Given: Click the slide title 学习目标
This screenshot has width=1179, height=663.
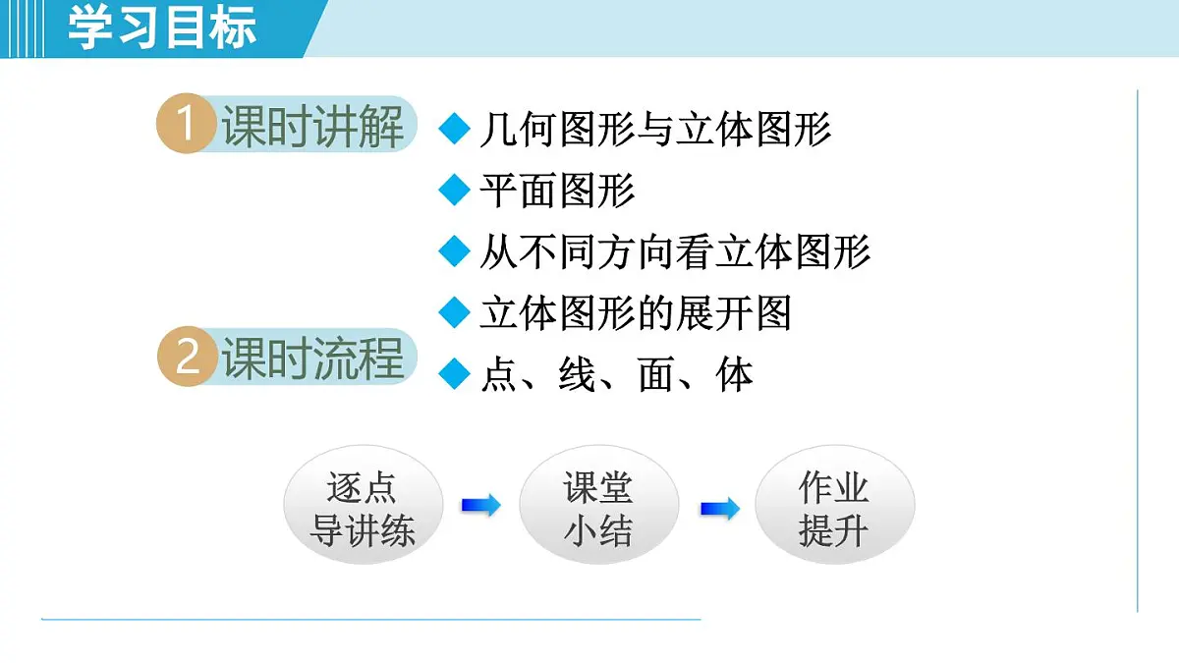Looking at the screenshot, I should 162,27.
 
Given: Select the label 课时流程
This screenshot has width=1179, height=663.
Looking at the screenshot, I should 312,358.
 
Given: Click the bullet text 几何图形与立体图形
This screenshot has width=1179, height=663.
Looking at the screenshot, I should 655,130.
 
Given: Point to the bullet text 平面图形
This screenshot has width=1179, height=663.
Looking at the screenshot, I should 557,191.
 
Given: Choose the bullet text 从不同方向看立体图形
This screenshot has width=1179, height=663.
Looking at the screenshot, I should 675,252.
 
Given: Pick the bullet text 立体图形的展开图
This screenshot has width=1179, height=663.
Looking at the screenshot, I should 635,313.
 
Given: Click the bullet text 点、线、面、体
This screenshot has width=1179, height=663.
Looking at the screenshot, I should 616,374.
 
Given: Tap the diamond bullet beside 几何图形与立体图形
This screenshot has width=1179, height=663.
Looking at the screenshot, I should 454,130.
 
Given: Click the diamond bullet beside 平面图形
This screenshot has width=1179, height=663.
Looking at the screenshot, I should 454,191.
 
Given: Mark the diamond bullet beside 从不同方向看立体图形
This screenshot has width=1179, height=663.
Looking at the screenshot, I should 454,252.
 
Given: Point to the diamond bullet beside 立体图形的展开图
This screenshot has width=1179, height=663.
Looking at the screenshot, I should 454,313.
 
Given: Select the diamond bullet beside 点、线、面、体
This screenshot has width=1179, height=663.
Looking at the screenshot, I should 454,374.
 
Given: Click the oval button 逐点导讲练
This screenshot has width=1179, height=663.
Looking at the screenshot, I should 363,509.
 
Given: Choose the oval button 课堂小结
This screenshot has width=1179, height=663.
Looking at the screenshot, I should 598,509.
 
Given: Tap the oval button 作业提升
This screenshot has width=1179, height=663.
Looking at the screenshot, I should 834,509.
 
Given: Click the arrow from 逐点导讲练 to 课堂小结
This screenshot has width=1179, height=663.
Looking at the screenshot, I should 480,506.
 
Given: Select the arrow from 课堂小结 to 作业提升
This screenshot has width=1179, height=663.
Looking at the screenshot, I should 719,509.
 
